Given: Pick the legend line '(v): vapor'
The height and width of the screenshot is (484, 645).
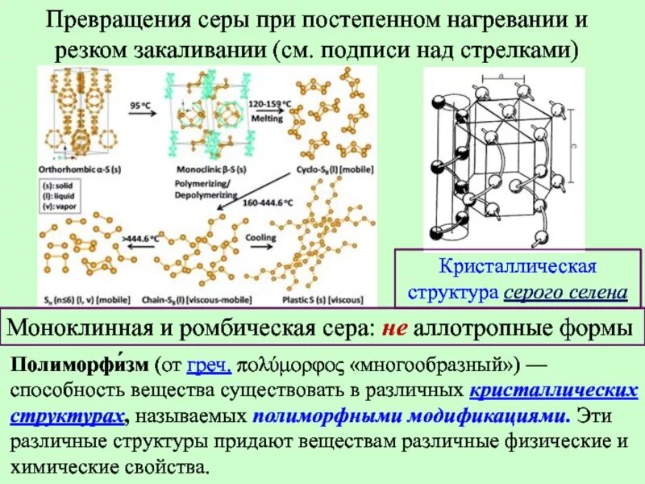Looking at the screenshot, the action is coord(64,205).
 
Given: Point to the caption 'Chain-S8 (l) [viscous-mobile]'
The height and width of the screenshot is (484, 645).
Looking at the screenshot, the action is coord(185,299).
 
